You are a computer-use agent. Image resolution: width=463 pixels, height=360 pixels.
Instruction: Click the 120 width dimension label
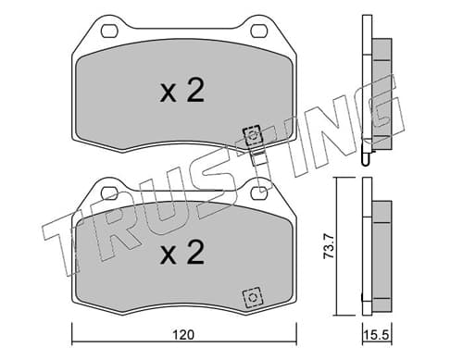point(183,335)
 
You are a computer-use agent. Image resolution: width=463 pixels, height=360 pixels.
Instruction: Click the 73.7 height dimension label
point(329,246)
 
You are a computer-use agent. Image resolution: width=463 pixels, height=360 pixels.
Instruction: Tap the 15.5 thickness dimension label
point(376,335)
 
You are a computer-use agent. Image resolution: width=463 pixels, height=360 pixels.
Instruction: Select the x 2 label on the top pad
point(182,90)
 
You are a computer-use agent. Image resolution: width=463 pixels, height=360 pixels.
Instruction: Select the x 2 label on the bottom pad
point(182,252)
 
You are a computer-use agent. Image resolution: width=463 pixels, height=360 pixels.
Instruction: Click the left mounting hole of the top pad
point(109,31)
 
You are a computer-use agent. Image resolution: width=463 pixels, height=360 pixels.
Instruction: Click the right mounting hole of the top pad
point(259,31)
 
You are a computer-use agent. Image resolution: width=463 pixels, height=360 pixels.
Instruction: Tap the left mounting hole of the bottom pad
point(109,193)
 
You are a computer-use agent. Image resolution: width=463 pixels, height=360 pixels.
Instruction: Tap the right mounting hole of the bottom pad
point(259,193)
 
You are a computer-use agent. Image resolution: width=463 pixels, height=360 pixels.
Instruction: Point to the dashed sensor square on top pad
point(252,135)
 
